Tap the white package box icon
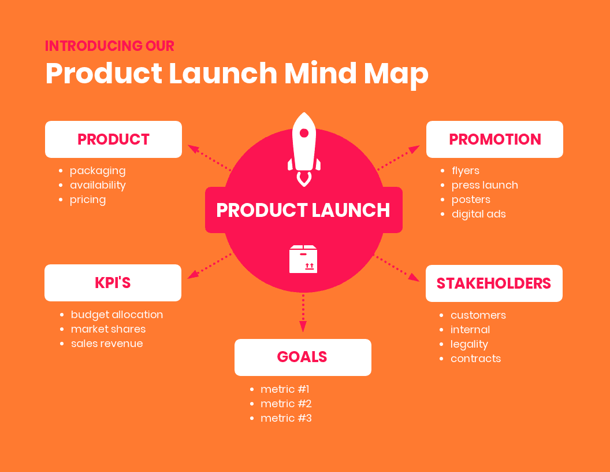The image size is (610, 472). (303, 259)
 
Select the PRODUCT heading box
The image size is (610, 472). (113, 139)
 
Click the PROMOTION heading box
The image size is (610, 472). (494, 139)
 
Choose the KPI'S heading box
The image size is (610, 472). (113, 283)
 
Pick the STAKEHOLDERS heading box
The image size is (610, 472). (494, 283)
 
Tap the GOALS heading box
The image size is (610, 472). (303, 357)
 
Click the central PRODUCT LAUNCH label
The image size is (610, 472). (303, 210)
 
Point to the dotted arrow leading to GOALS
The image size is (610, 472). (303, 312)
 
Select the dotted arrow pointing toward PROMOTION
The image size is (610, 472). (398, 158)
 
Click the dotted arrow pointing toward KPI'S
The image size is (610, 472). (209, 265)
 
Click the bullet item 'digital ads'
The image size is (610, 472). (478, 214)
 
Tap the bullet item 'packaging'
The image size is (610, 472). (98, 171)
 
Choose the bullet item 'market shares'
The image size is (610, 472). (108, 329)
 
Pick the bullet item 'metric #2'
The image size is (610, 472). (286, 404)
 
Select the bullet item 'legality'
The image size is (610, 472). (469, 344)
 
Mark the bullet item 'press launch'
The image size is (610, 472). (485, 185)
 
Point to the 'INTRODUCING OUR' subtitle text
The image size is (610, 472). (110, 46)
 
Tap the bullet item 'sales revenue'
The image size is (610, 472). (107, 344)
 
